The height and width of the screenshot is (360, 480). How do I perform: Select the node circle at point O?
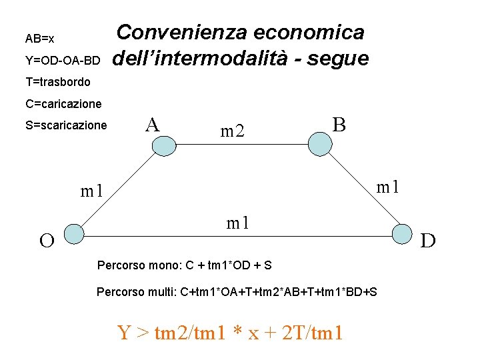coord(73,233)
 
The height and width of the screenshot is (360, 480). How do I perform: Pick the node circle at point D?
coord(402,234)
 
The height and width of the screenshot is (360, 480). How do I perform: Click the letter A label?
coord(153,124)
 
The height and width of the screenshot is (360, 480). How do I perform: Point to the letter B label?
coord(339,124)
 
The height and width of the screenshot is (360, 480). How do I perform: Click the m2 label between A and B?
coord(233,131)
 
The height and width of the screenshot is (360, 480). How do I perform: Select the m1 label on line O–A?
coord(92,192)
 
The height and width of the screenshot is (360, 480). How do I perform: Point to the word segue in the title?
coord(337,59)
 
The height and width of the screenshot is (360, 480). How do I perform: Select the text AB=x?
coord(39,39)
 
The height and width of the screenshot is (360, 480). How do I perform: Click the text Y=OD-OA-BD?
coord(63,61)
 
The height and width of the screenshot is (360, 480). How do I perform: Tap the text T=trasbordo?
coord(57,83)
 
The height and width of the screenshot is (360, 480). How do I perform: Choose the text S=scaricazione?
coord(66,125)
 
